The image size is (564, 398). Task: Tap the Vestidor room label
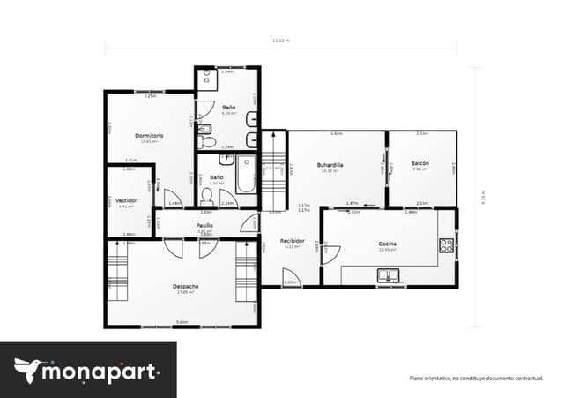click(125, 199)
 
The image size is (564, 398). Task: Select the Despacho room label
click(185, 286)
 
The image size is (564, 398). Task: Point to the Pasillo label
click(204, 226)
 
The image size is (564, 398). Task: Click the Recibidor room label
click(293, 241)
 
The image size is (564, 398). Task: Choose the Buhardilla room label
click(330, 165)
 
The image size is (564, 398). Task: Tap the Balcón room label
click(419, 164)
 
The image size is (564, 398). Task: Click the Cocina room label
click(387, 244)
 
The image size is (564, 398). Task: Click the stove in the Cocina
click(447, 245)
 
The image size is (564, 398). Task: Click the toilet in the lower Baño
click(208, 193)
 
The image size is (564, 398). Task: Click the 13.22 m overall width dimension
click(280, 41)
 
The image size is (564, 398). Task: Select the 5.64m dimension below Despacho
click(182, 323)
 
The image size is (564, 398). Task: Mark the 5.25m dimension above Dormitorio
click(150, 95)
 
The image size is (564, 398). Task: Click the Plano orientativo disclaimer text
click(475, 378)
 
